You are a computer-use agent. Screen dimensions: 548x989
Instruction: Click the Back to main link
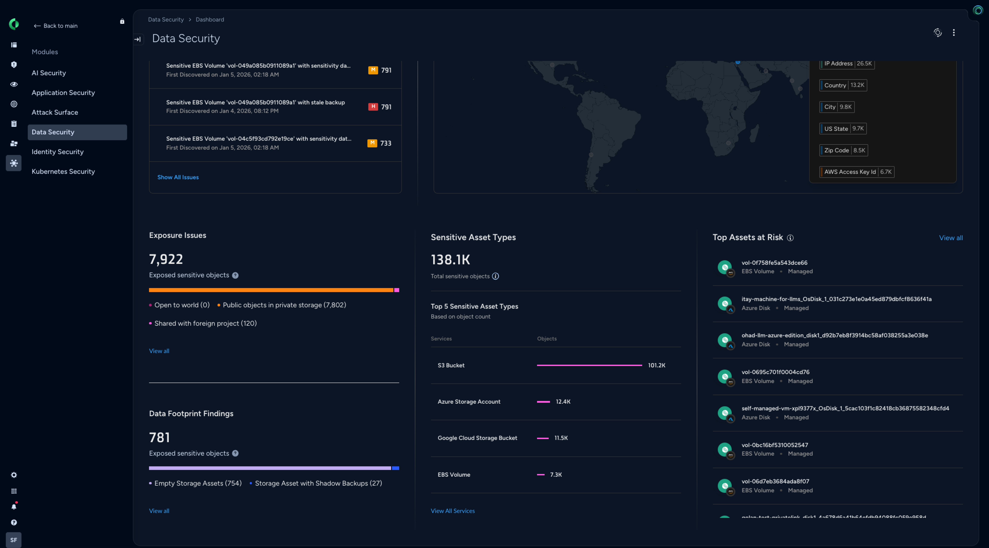point(56,26)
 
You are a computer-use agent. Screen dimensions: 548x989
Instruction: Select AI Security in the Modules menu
point(49,73)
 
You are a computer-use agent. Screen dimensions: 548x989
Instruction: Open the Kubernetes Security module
point(63,171)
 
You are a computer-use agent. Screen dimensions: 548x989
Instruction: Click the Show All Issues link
point(178,177)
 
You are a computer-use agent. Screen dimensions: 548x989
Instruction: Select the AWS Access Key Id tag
point(857,172)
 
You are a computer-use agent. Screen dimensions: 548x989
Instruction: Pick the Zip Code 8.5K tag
point(844,150)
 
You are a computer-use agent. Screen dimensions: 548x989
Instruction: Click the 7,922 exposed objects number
point(166,259)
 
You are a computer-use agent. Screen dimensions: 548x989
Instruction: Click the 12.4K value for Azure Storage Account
point(563,402)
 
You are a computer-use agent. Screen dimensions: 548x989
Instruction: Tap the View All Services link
point(453,511)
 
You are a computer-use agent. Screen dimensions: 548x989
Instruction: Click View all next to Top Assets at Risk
point(951,238)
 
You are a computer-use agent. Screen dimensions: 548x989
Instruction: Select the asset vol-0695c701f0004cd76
point(775,372)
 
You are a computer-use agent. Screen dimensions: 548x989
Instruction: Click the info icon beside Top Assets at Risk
point(790,238)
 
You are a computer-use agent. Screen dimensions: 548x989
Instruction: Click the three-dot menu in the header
point(954,33)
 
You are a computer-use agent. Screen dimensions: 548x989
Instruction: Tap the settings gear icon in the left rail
point(14,475)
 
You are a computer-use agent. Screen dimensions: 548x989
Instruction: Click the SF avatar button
point(14,540)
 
